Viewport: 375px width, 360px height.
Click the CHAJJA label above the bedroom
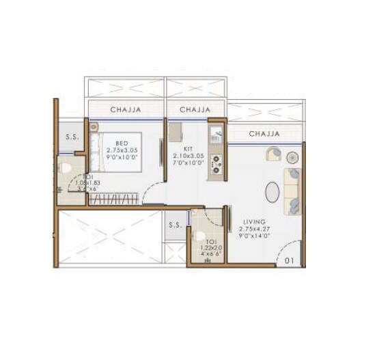tap(126, 109)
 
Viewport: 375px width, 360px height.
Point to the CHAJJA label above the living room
tap(265, 134)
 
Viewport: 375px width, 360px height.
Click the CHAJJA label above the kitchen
tap(195, 109)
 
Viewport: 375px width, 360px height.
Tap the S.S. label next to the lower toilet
tap(174, 224)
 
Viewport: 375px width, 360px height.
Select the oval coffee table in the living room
tap(270, 193)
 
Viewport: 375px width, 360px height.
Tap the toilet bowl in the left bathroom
tap(66, 167)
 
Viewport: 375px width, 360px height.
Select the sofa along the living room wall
tap(292, 189)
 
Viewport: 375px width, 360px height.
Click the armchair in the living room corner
tap(275, 154)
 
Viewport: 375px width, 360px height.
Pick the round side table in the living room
tap(293, 155)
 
